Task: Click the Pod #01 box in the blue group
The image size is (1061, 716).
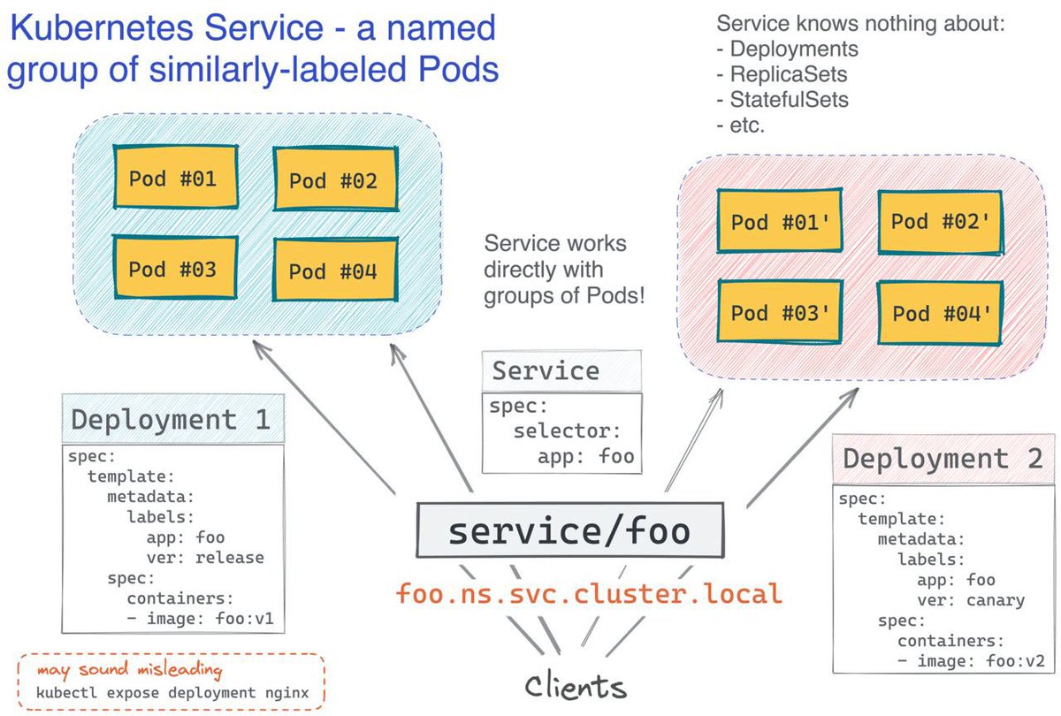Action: tap(172, 178)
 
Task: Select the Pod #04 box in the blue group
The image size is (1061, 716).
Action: tap(333, 270)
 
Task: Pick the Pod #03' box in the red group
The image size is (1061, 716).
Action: tap(779, 312)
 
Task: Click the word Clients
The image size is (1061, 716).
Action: tap(575, 686)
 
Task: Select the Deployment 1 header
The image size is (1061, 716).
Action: tap(171, 419)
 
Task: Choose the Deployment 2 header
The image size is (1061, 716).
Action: tap(943, 459)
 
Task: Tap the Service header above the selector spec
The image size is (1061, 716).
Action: tap(546, 370)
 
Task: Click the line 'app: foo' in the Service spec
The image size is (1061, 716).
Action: tap(585, 456)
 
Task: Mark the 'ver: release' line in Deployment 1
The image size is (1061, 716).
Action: tap(205, 558)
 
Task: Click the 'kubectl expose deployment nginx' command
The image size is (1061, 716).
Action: tap(172, 692)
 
